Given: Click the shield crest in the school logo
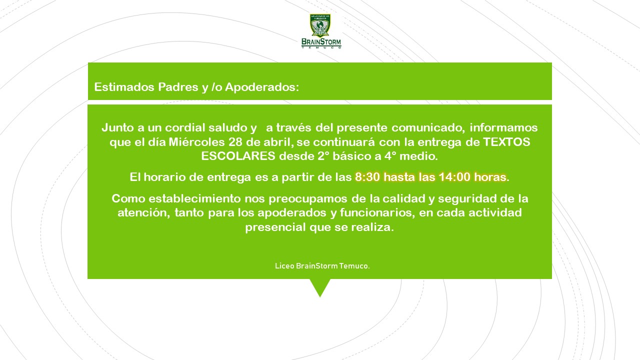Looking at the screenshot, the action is click(320, 25).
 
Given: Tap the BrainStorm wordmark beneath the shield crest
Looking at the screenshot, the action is click(321, 42).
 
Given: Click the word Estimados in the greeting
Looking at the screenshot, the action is click(124, 87).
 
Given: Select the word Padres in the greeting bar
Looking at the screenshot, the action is click(178, 87).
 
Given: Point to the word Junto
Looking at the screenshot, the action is click(117, 127).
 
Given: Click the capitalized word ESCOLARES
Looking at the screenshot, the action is click(238, 156).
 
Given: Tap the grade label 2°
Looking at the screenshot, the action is click(323, 156).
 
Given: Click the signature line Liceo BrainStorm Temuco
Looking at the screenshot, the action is click(322, 266).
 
